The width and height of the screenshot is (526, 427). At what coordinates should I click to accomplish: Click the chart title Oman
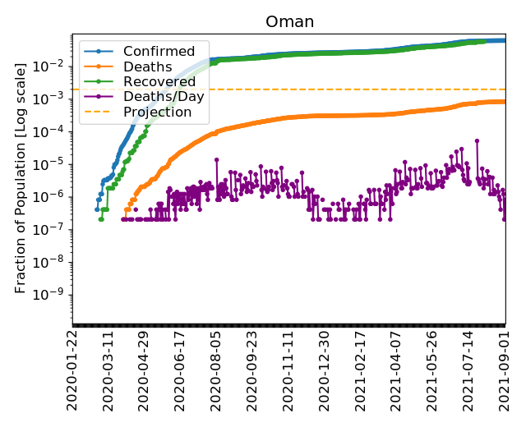click(289, 22)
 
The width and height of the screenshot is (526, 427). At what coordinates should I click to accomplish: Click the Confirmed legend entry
click(159, 52)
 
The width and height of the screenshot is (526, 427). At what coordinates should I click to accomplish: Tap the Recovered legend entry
click(159, 81)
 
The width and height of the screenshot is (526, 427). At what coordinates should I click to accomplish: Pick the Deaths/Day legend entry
click(164, 96)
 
